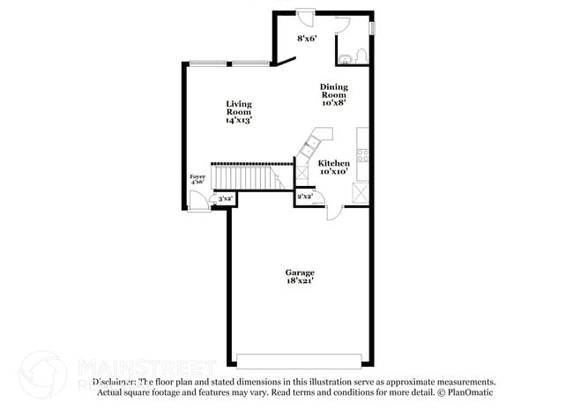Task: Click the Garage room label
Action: tap(300, 272)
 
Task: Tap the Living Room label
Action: tap(238, 108)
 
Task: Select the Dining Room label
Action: tap(333, 91)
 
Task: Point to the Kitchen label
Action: tap(334, 163)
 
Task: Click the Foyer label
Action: tap(197, 177)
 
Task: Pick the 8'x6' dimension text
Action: tap(307, 39)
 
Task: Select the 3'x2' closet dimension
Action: tap(225, 198)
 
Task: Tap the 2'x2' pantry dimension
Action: tap(305, 197)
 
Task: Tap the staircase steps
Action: tap(251, 175)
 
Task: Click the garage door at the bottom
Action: tap(299, 360)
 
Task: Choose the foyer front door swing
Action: tap(198, 202)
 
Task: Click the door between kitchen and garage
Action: tap(333, 212)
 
